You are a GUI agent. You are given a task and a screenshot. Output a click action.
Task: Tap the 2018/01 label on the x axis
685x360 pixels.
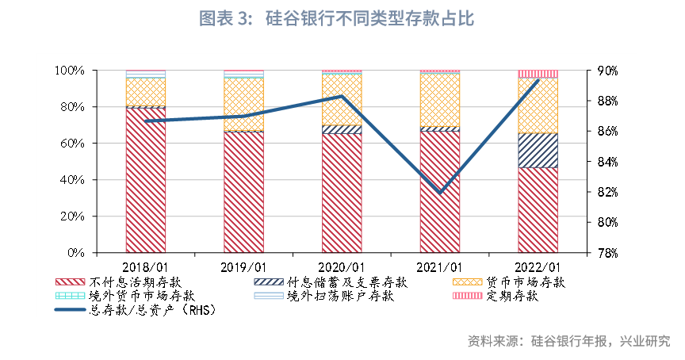(x=146, y=267)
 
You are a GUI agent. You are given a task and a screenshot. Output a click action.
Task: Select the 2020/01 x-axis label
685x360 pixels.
(x=342, y=267)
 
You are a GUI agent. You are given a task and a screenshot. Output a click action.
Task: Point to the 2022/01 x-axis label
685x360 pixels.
(x=538, y=267)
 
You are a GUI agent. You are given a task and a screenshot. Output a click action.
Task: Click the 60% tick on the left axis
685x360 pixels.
(x=73, y=144)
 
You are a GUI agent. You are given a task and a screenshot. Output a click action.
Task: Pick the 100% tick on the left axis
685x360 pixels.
(x=71, y=71)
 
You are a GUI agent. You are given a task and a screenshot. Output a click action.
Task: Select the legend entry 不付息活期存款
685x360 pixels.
(x=134, y=282)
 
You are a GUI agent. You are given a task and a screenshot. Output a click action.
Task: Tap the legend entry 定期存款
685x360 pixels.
(x=513, y=297)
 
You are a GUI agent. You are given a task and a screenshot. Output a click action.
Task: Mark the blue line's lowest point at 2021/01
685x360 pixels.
(x=440, y=193)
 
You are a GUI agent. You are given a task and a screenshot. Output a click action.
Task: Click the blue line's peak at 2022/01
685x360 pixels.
(x=538, y=80)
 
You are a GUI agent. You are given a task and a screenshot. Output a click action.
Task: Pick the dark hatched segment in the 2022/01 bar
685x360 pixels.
(x=538, y=151)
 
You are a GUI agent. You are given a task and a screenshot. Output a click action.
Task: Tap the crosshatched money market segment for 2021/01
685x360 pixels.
(x=440, y=99)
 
